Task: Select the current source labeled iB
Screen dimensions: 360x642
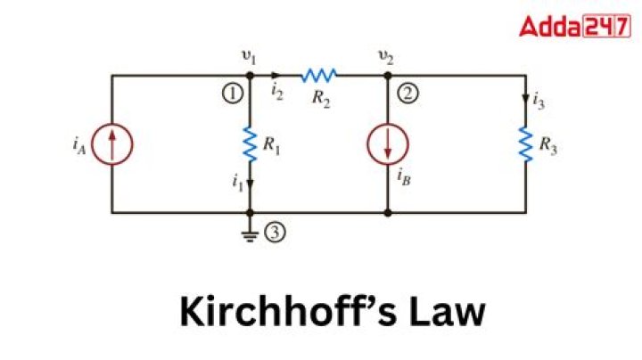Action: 389,143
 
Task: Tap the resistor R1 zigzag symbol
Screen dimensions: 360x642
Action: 251,141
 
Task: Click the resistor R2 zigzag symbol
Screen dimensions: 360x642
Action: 318,76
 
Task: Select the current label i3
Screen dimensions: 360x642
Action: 539,101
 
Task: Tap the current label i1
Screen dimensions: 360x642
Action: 236,183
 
